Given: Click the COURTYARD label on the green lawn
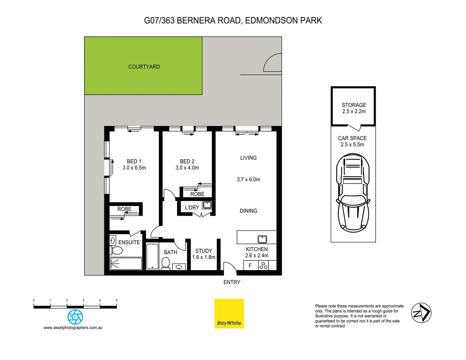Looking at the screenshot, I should tap(144, 67).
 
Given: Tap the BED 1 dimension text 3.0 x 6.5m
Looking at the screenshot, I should tap(134, 168).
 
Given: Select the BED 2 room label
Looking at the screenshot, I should tap(187, 161).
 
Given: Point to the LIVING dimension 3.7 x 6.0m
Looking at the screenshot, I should tap(248, 179).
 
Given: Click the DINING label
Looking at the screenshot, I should tap(248, 211).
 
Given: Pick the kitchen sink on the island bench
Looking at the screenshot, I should tap(262, 239).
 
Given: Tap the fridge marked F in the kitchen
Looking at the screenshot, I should tap(250, 266).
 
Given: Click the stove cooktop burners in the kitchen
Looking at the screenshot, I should tap(263, 265).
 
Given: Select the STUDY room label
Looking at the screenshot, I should tap(204, 251).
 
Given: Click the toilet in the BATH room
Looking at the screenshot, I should tap(166, 263).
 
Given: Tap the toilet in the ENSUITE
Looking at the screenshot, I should tap(116, 250).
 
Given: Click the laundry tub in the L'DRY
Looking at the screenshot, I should tap(207, 205).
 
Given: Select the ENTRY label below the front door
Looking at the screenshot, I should tap(232, 282).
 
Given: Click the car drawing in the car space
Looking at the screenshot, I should tap(353, 193).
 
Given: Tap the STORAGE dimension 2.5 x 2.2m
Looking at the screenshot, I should tap(354, 111).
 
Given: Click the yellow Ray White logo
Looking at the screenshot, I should tap(229, 314).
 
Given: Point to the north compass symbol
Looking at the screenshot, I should tap(421, 313).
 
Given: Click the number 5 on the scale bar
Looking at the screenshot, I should tap(116, 300).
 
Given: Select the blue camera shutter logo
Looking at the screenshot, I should tap(75, 317).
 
